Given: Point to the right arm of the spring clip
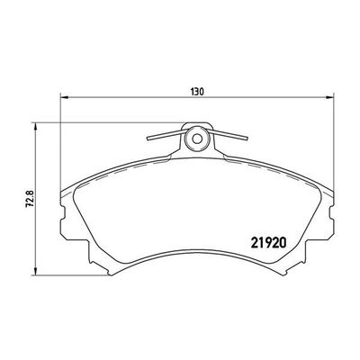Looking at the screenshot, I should coord(227,138).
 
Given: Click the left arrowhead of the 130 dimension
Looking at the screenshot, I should coord(63,99).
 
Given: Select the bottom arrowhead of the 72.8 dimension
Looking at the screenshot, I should coord(34,272).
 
